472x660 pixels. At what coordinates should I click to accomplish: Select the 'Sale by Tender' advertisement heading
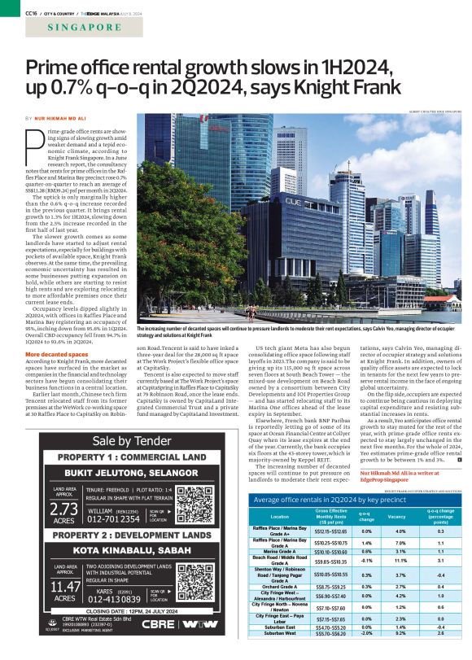pyautogui.click(x=132, y=440)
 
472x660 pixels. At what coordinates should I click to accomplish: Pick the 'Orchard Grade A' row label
pyautogui.click(x=279, y=563)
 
